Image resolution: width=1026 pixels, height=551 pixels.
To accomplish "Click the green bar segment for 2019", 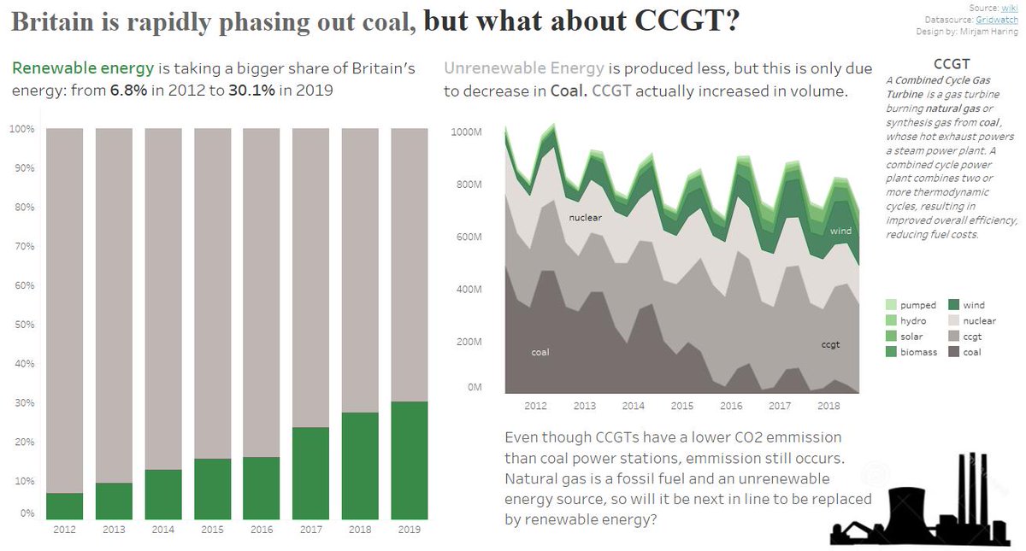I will pos(410,460).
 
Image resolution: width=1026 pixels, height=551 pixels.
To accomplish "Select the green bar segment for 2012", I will pos(64,506).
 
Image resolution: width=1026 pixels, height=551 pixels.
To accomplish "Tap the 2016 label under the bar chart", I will pos(262,530).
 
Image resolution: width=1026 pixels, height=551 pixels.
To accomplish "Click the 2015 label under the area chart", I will pos(682,406).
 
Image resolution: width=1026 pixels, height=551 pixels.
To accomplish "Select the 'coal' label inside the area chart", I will pos(540,352).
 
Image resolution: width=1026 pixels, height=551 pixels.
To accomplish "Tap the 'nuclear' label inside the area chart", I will pos(586,218).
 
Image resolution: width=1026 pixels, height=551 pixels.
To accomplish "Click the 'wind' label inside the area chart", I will pos(840,232).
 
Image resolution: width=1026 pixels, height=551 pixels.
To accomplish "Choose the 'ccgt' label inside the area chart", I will pos(830,344).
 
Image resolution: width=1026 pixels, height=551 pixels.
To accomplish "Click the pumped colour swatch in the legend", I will pos(892,305).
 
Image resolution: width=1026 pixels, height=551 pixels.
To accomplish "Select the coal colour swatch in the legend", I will pos(953,352).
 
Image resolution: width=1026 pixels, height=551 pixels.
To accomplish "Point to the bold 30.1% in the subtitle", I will pos(251,90).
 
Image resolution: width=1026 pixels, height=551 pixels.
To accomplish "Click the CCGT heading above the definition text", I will pos(952,64).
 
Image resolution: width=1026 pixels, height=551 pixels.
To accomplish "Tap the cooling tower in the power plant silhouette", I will pos(910,510).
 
